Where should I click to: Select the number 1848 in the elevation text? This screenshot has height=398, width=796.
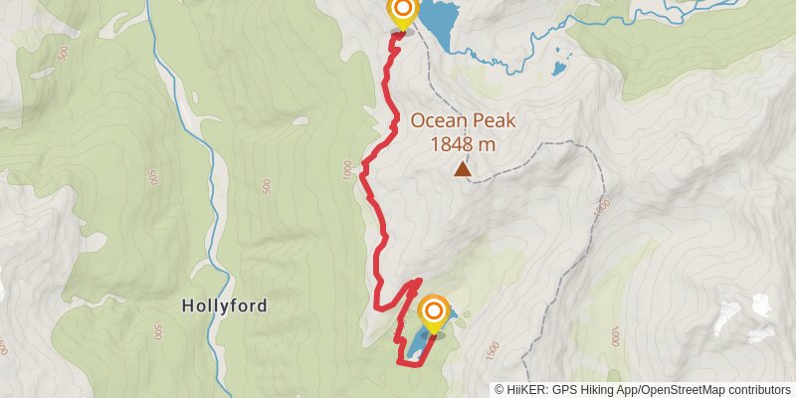click(451, 144)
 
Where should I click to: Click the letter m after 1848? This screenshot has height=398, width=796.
click(487, 144)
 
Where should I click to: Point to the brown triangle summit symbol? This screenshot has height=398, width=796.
click(463, 169)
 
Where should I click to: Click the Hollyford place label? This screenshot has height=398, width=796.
click(225, 305)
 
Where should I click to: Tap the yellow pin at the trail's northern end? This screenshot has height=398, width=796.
click(402, 12)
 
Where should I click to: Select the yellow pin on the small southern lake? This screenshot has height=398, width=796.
click(434, 314)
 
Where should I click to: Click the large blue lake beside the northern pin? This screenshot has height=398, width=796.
click(439, 20)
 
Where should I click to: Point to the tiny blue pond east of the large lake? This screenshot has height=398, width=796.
click(559, 70)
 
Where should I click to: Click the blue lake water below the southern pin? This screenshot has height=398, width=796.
click(416, 346)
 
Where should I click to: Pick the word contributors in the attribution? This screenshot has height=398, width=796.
click(759, 390)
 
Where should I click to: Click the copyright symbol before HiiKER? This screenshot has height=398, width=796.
click(499, 390)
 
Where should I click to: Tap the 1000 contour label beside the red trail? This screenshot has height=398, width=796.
click(346, 172)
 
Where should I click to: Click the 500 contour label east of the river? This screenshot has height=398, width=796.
click(266, 186)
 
